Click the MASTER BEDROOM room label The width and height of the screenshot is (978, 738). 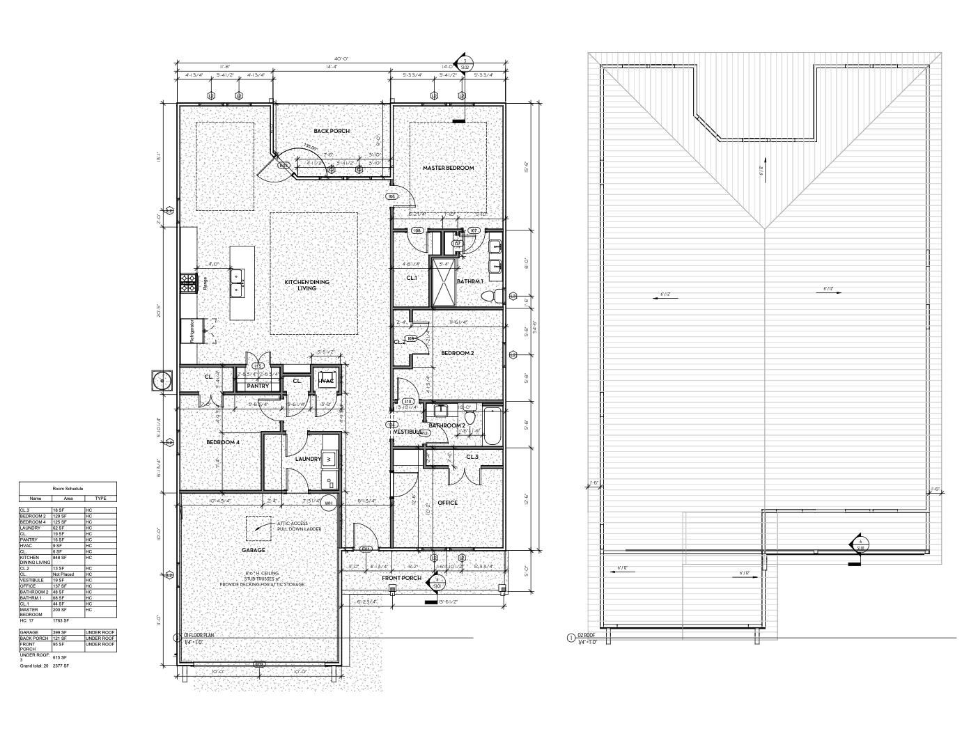[x=448, y=168]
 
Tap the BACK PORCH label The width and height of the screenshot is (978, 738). [x=332, y=131]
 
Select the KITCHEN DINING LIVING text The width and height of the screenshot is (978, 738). [x=306, y=285]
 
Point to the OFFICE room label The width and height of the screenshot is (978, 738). [x=448, y=503]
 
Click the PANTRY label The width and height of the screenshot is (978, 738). [x=258, y=386]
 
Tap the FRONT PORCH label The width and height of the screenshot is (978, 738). [x=401, y=578]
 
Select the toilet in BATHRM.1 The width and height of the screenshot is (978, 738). [x=492, y=297]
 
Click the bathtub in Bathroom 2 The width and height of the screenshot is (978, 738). [x=492, y=426]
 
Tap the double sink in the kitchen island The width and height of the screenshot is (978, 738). [x=238, y=282]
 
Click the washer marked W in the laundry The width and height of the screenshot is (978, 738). [x=328, y=458]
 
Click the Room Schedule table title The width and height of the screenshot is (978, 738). [x=68, y=489]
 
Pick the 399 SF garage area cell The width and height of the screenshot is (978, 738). [x=59, y=632]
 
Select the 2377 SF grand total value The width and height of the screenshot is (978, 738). [x=60, y=666]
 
